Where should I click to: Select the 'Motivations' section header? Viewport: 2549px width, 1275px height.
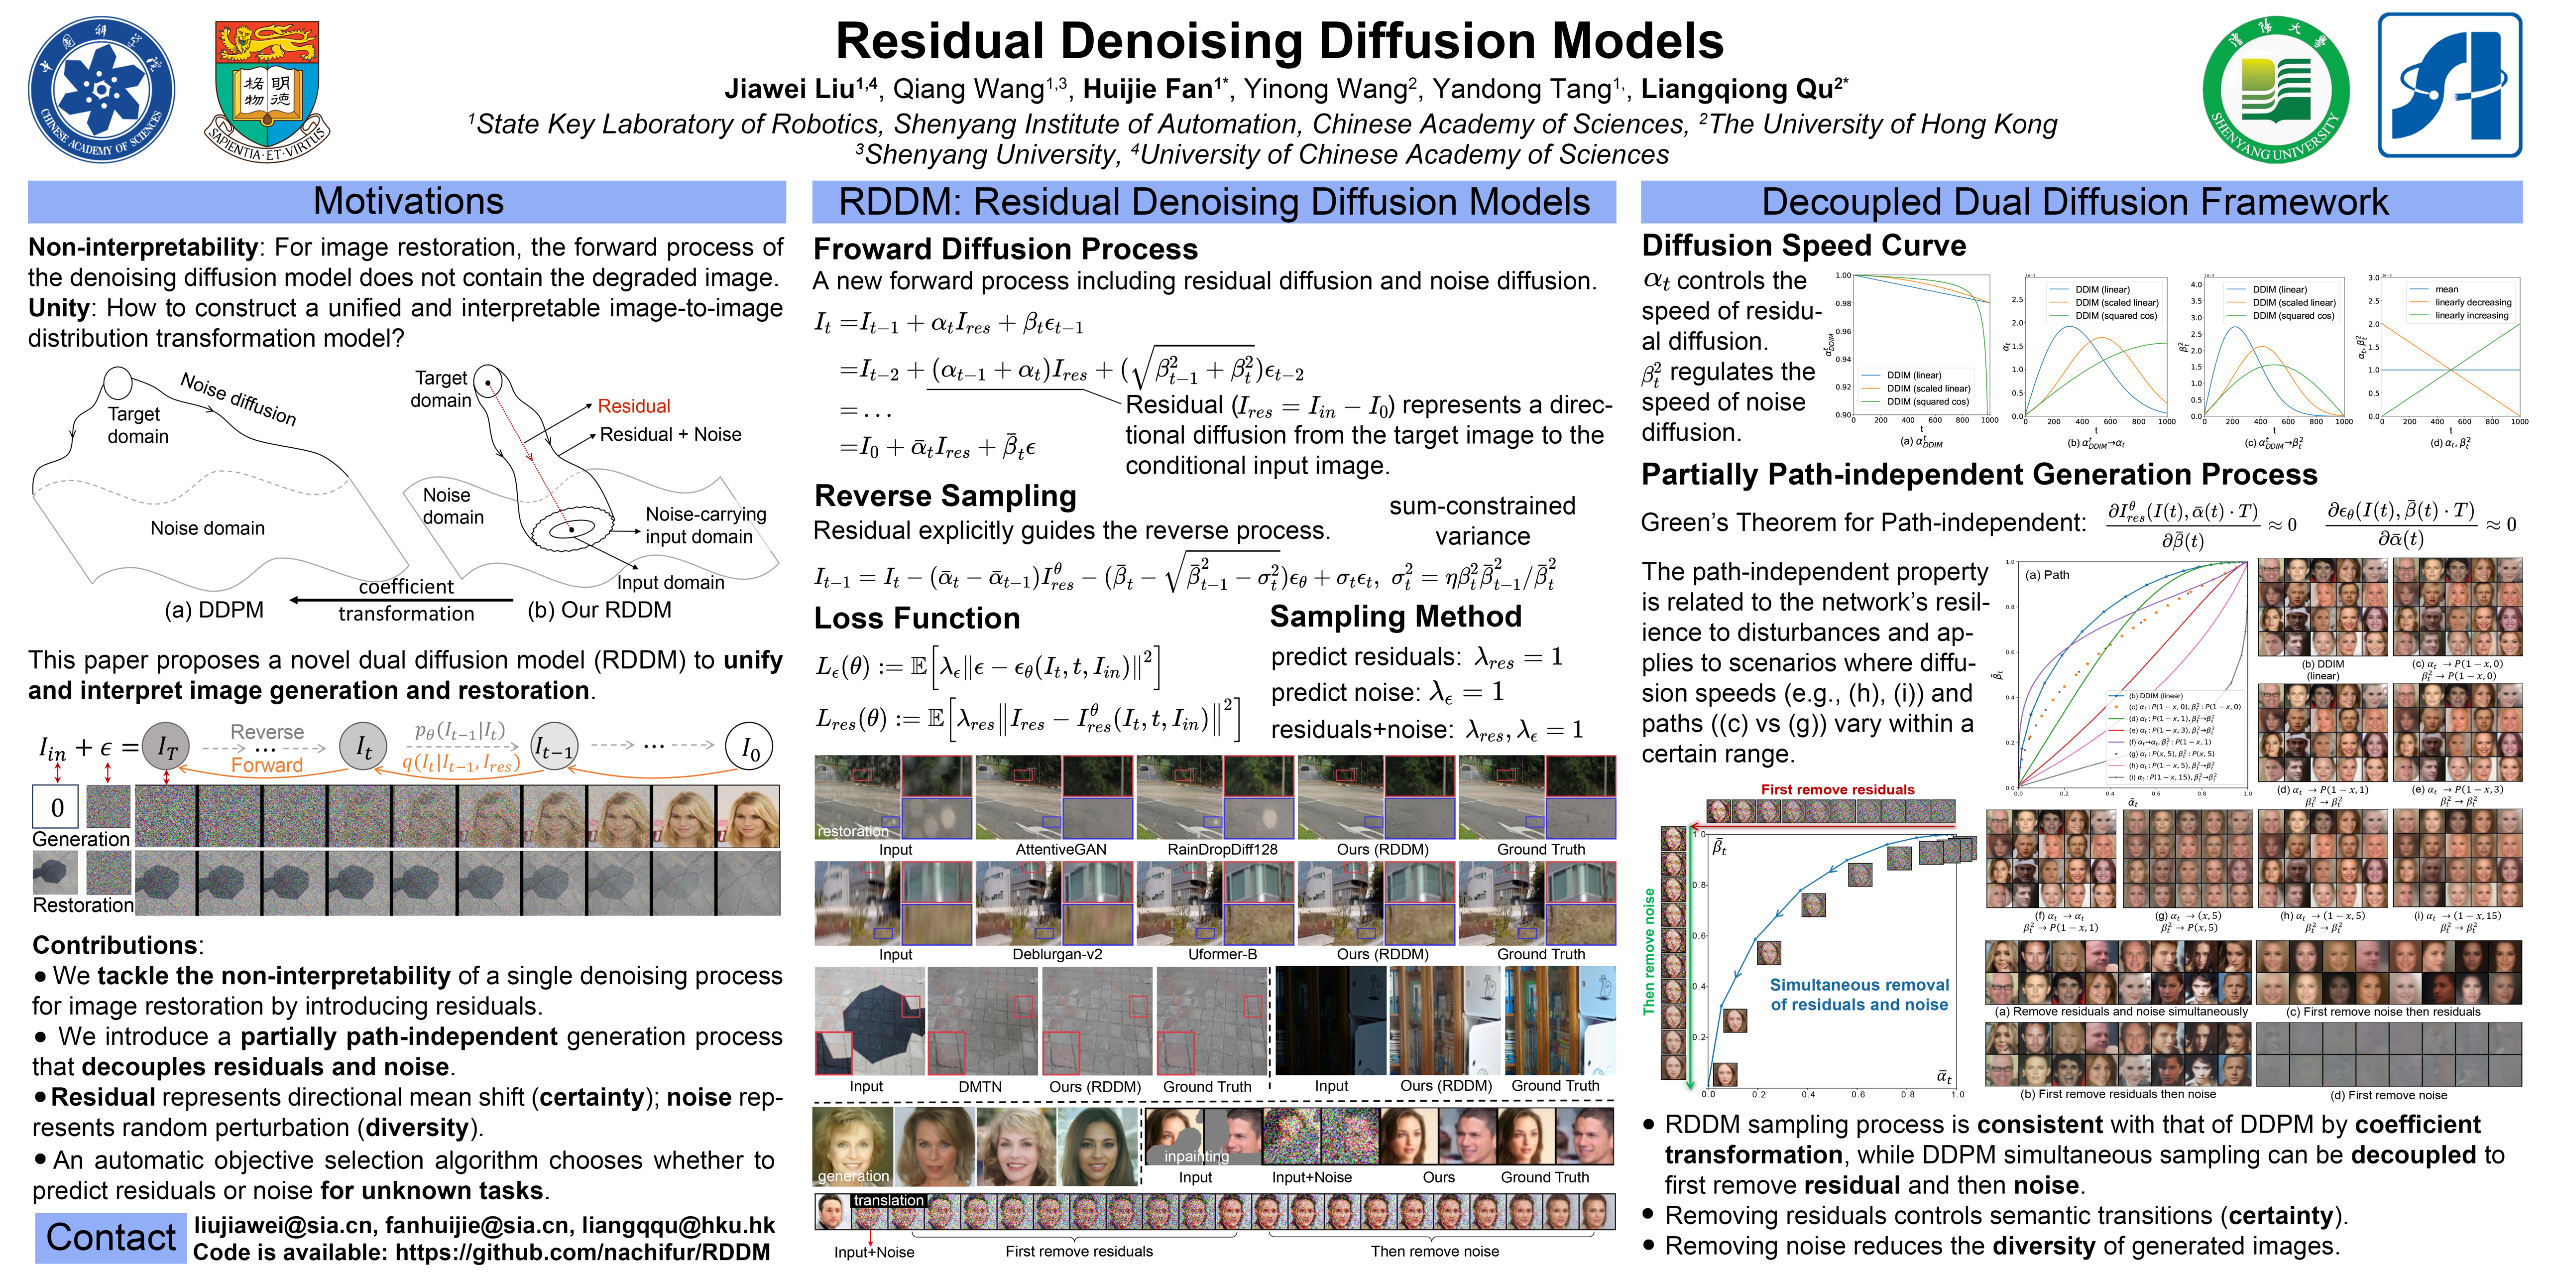pyautogui.click(x=408, y=202)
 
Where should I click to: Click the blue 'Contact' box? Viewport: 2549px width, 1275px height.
pyautogui.click(x=111, y=1237)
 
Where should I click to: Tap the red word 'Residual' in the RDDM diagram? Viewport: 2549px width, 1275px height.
pyautogui.click(x=633, y=406)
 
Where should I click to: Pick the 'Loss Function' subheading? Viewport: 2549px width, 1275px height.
pyautogui.click(x=916, y=619)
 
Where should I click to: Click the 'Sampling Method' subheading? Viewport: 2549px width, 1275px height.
pyautogui.click(x=1395, y=617)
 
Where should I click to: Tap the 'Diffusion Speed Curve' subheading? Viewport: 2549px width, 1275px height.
pyautogui.click(x=1803, y=246)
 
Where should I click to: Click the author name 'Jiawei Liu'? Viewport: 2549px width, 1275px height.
pyautogui.click(x=789, y=89)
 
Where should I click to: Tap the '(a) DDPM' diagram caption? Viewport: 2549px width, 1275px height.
pyautogui.click(x=214, y=610)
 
